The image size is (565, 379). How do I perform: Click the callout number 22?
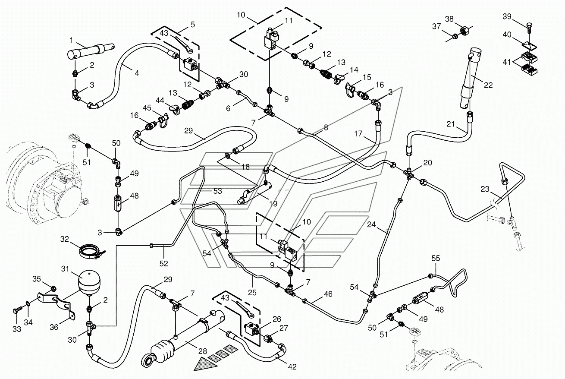pyautogui.click(x=488, y=85)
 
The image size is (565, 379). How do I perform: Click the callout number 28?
pyautogui.click(x=203, y=351)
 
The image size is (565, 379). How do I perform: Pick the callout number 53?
pyautogui.click(x=217, y=191)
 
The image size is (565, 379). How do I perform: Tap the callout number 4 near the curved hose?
pyautogui.click(x=137, y=73)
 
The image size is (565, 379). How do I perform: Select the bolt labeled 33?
pyautogui.click(x=17, y=311)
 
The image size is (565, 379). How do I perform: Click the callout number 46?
pyautogui.click(x=328, y=294)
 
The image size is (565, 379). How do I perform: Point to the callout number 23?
pyautogui.click(x=485, y=189)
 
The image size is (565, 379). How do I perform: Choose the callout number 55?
pyautogui.click(x=436, y=258)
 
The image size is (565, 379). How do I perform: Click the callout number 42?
pyautogui.click(x=292, y=367)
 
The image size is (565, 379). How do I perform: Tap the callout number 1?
pyautogui.click(x=72, y=40)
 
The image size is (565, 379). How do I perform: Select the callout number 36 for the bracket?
pyautogui.click(x=54, y=327)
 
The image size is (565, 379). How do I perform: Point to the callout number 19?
pyautogui.click(x=273, y=203)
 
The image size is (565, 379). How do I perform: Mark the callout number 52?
pyautogui.click(x=164, y=264)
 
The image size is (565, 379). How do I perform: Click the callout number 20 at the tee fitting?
pyautogui.click(x=427, y=163)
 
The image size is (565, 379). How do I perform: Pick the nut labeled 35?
pyautogui.click(x=53, y=289)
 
